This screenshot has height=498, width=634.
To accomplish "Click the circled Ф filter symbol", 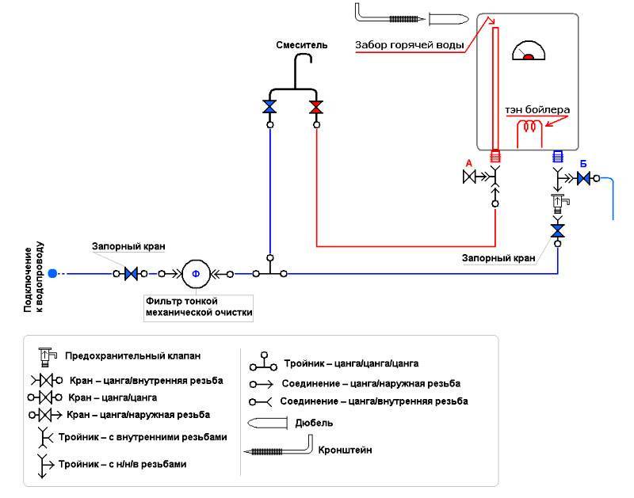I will (196, 274).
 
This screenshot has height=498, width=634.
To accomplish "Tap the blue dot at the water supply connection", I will (52, 274).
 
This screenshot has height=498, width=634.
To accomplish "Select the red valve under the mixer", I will (316, 107).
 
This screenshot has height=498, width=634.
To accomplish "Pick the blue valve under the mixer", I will (270, 107).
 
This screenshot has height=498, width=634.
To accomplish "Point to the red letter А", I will (468, 163).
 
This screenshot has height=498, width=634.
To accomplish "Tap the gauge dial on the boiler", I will (529, 51).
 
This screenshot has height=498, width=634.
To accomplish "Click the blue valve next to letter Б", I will (584, 179).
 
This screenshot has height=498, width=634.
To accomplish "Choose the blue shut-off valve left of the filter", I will (132, 274).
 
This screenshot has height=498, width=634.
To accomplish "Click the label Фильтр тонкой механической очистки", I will (198, 307).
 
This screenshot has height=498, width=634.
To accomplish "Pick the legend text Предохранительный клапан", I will (133, 355).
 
